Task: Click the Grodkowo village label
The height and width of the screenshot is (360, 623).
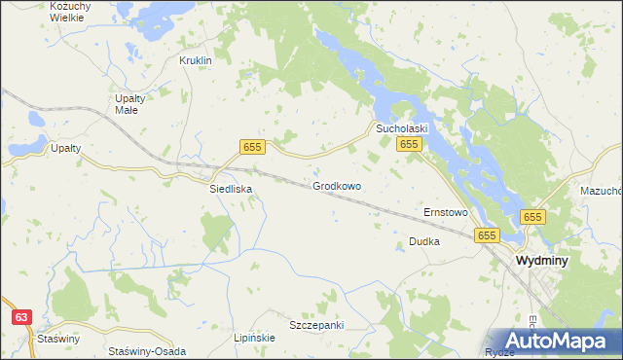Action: pos(337,185)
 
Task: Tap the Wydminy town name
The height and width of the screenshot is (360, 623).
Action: pos(542,261)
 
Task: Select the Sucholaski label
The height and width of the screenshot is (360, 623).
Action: pos(403,127)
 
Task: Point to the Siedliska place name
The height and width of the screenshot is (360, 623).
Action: pos(232,190)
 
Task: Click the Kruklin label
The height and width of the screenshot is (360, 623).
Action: pos(196,59)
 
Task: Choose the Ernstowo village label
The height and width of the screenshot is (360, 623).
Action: pos(446,211)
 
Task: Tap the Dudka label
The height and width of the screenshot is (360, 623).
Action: pos(424,240)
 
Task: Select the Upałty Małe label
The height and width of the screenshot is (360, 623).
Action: pos(127,104)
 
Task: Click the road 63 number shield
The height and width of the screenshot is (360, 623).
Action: pos(21,316)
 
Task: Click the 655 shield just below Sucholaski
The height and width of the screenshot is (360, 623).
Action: pos(408,144)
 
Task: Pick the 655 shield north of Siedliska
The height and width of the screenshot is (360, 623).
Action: pos(252,146)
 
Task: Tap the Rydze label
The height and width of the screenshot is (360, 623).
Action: pos(499,352)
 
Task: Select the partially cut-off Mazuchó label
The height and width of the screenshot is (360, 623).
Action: pos(600,191)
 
